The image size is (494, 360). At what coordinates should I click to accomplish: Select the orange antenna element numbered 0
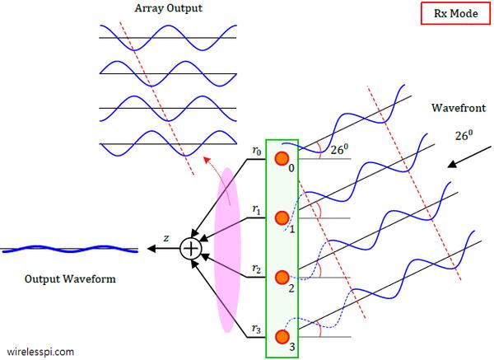(x=282, y=158)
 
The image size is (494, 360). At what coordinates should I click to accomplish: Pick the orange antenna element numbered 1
(x=282, y=217)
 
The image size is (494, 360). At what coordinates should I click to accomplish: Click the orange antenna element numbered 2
(x=282, y=277)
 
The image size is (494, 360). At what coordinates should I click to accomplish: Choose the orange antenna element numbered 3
(x=282, y=336)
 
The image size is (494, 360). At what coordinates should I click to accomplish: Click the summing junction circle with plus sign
(x=191, y=246)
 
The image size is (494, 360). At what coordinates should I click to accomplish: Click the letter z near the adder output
(x=166, y=237)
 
